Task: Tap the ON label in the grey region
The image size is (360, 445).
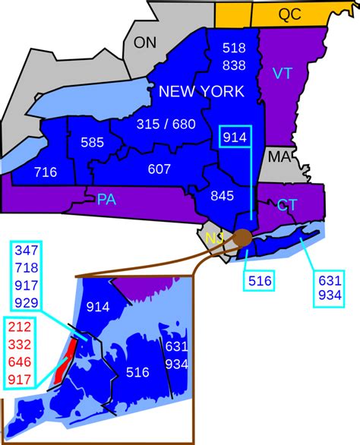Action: tap(144, 43)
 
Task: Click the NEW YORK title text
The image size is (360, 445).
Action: tap(201, 92)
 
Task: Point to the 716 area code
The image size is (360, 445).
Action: tap(45, 172)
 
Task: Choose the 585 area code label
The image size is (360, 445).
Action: tap(92, 142)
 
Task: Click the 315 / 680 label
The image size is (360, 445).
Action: tap(165, 123)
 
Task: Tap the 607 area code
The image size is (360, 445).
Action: tap(159, 169)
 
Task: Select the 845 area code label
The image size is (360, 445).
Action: tap(222, 195)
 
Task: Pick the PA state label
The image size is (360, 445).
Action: tap(106, 200)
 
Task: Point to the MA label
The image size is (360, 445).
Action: tap(278, 157)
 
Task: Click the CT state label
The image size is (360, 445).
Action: tap(287, 204)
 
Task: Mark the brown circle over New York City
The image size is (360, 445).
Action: tap(242, 237)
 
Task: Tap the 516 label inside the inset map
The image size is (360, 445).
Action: tap(137, 373)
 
